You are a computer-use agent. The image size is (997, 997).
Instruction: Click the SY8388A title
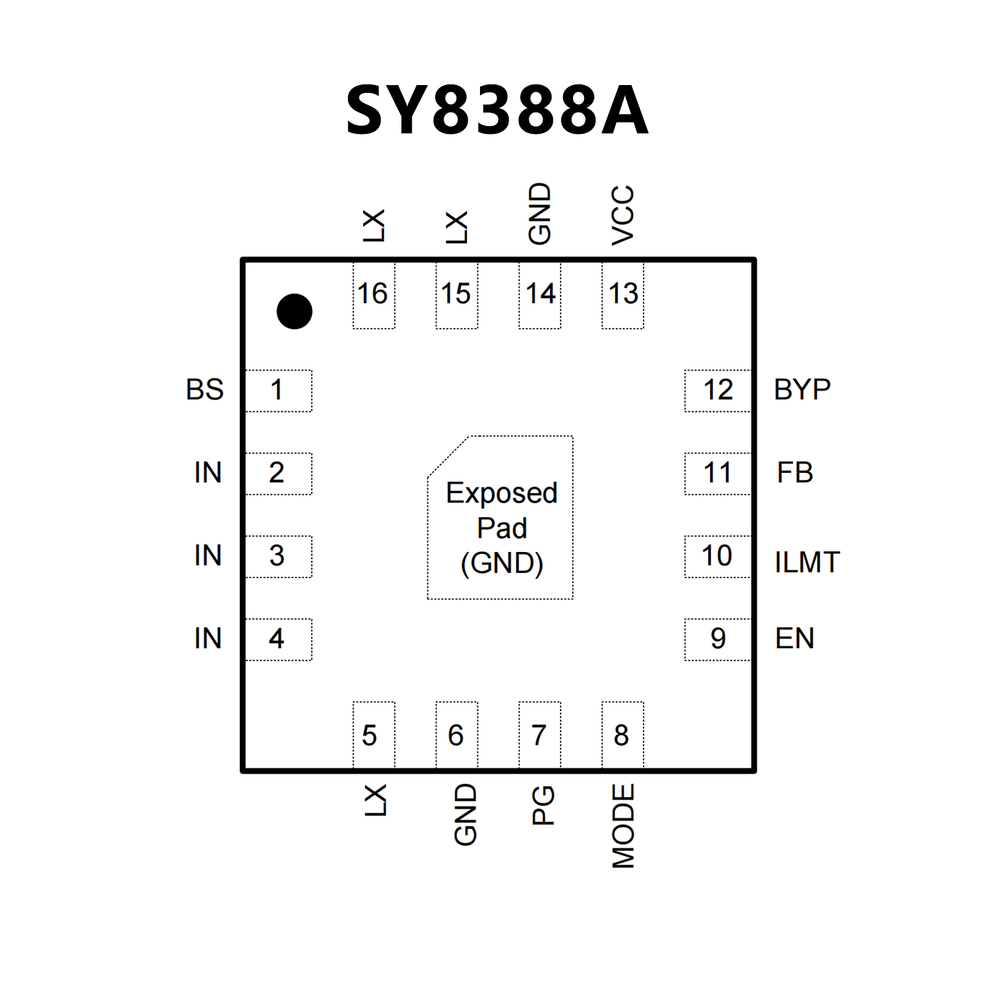pyautogui.click(x=498, y=111)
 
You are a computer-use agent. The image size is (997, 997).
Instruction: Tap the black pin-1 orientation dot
pyautogui.click(x=294, y=311)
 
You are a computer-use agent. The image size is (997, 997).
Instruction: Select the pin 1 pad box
pyautogui.click(x=278, y=390)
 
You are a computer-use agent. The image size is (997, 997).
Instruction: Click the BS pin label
pyautogui.click(x=205, y=390)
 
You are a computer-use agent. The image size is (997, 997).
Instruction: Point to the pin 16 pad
pyautogui.click(x=373, y=295)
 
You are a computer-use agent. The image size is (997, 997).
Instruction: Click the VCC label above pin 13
pyautogui.click(x=623, y=215)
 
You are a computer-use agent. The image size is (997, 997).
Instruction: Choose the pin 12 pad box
pyautogui.click(x=718, y=390)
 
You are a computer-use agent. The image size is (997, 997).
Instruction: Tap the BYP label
pyautogui.click(x=802, y=390)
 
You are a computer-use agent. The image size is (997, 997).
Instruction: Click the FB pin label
pyautogui.click(x=795, y=473)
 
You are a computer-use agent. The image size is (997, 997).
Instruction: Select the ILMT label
pyautogui.click(x=807, y=562)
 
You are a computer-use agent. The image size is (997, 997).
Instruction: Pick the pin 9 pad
pyautogui.click(x=718, y=639)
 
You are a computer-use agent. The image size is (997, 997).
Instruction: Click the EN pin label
pyautogui.click(x=794, y=639)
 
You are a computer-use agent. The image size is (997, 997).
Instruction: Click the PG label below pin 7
pyautogui.click(x=543, y=805)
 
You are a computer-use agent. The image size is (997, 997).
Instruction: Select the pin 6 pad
pyautogui.click(x=457, y=735)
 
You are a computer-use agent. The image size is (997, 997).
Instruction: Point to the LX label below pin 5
pyautogui.click(x=375, y=800)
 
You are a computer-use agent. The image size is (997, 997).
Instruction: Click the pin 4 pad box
pyautogui.click(x=278, y=639)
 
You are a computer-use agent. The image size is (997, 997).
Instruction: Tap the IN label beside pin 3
pyautogui.click(x=208, y=556)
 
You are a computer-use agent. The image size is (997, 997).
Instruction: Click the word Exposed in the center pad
pyautogui.click(x=501, y=494)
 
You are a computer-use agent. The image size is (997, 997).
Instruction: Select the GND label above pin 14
pyautogui.click(x=540, y=214)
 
